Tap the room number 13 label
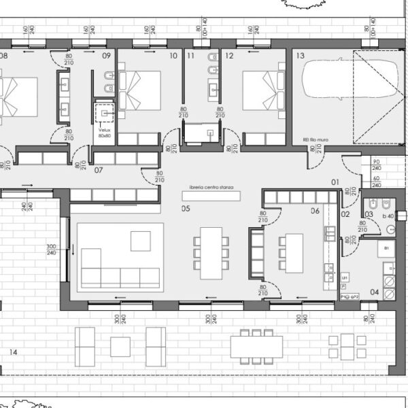coord(300,56)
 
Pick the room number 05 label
coord(185,209)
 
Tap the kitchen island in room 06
coord(293,251)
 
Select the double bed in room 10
coord(140,89)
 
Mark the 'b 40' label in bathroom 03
coord(388,216)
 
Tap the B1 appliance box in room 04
coord(387,250)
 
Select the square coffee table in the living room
coord(141,241)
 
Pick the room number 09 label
coord(106,56)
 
